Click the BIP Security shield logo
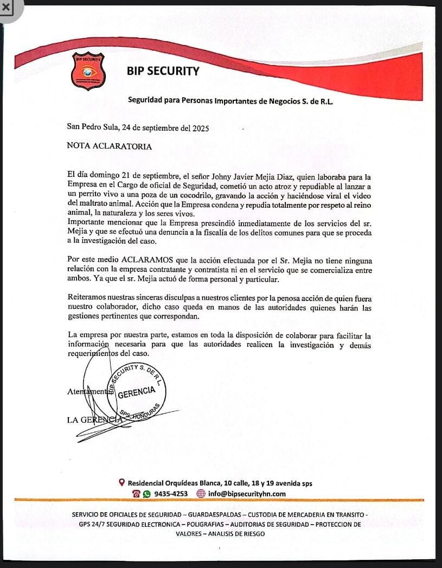coord(88,71)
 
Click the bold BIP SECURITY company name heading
coord(163,71)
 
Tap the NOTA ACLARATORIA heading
coord(109,146)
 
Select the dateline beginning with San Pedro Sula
coord(137,128)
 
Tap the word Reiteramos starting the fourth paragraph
coord(88,297)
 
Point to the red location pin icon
coord(122,482)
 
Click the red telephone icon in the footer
coord(136,494)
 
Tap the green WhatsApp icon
coord(146,494)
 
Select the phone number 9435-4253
coord(171,494)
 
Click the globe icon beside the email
coord(201,494)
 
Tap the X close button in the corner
coord(7,8)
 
